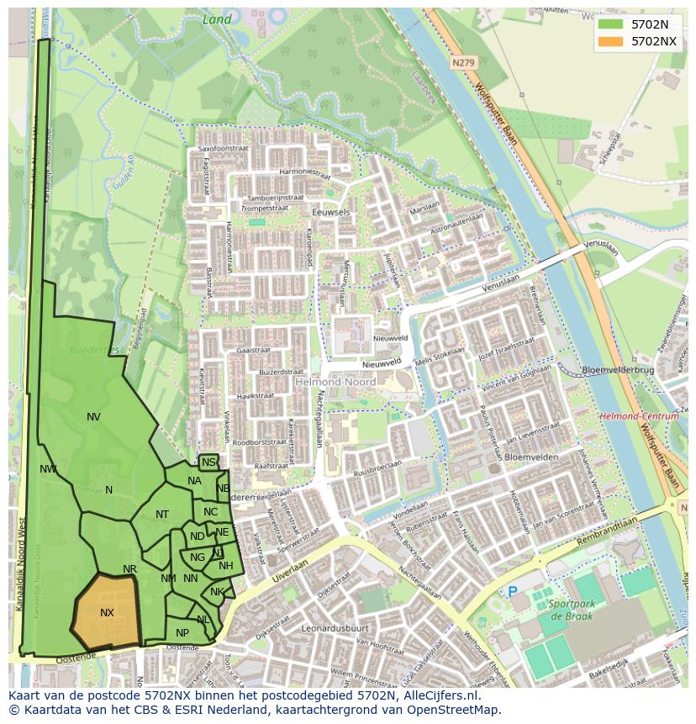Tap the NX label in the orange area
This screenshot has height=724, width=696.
[107, 613]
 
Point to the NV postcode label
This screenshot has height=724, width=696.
[93, 416]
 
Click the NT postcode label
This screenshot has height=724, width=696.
[162, 515]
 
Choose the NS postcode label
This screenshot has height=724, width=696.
[208, 462]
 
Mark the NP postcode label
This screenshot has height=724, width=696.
[182, 633]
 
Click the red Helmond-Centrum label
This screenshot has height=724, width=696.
[639, 416]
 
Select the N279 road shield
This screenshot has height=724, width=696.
[462, 62]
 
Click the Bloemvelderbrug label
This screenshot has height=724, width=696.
[618, 370]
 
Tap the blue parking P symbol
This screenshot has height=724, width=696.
[513, 592]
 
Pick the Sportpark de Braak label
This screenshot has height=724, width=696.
[572, 610]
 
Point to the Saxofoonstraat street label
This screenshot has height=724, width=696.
[226, 149]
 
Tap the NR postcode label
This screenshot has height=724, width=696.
[129, 569]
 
